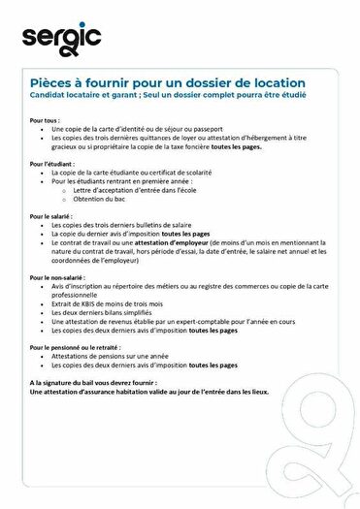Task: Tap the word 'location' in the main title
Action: [277, 83]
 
